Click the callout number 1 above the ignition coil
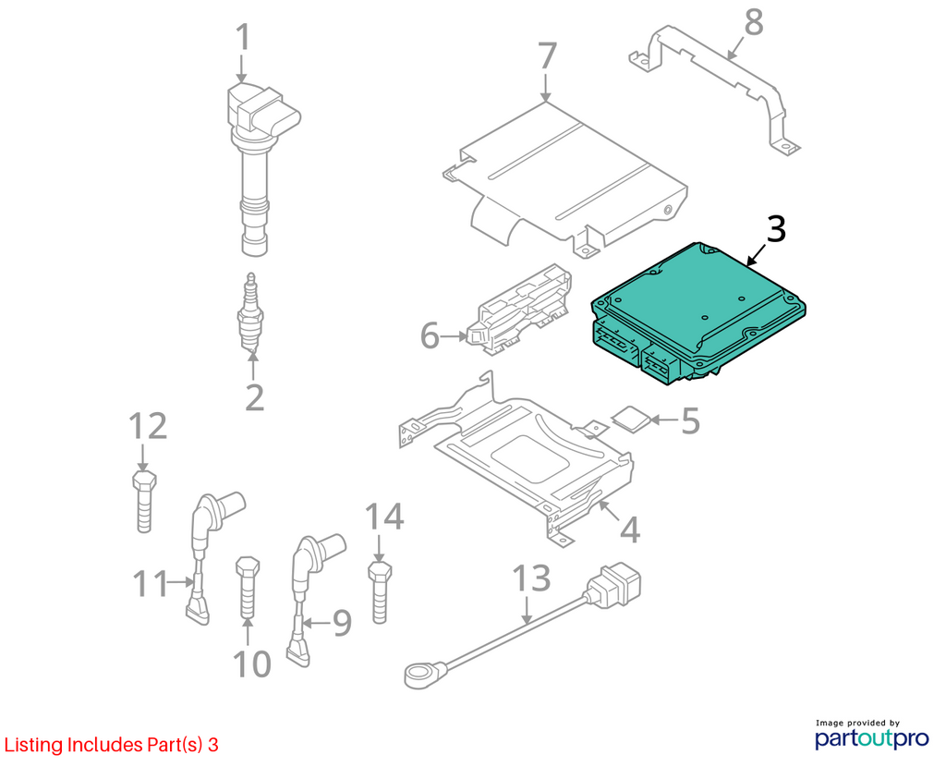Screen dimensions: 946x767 243,37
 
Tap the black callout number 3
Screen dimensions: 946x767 776,229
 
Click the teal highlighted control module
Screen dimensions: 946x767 698,312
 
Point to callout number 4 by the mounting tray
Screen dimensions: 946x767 630,530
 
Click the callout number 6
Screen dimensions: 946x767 430,335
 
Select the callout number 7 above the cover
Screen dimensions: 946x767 547,55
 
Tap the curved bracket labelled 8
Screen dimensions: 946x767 715,90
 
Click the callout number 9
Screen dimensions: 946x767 342,623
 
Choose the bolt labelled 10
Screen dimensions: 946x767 248,589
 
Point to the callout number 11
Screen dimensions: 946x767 150,583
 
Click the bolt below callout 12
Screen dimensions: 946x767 144,501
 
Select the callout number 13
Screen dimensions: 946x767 531,578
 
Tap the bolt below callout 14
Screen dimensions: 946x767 380,592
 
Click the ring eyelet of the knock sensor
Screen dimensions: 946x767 419,675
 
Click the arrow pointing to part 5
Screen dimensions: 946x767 663,420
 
